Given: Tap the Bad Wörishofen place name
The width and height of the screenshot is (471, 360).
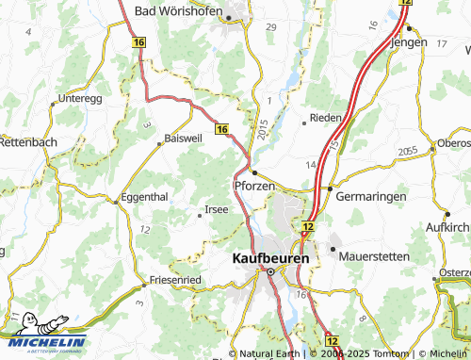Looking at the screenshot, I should (x=180, y=11).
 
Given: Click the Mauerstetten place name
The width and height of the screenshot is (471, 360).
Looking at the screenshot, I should (x=371, y=254).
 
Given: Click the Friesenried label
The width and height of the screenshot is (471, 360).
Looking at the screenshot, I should (x=175, y=281).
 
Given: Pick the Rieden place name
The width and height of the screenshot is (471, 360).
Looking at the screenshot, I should (x=325, y=119).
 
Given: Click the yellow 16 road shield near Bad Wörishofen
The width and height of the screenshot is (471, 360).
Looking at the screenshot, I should (x=139, y=43).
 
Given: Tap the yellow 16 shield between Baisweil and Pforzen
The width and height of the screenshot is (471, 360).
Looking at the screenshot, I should (x=221, y=128).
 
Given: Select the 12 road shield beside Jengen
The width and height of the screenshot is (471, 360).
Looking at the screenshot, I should (x=405, y=4).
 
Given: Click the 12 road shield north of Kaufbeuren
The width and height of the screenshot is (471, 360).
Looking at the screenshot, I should (x=308, y=227).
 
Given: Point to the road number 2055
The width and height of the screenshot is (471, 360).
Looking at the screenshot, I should (x=408, y=151).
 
